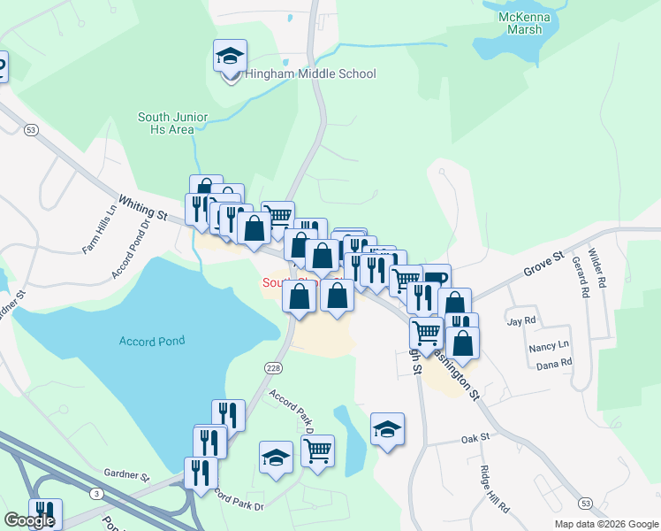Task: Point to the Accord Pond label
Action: [152, 342]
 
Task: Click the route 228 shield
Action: [273, 366]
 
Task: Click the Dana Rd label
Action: [554, 363]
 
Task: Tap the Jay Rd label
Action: [520, 320]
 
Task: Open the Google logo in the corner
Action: [28, 521]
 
